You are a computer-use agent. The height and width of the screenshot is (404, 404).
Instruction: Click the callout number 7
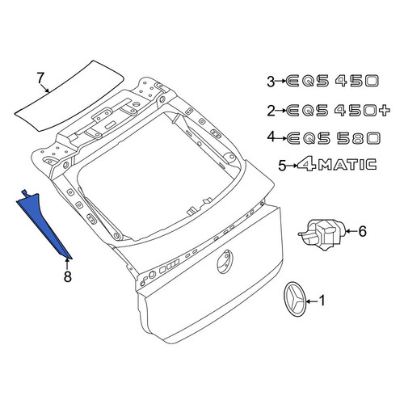coord(40,78)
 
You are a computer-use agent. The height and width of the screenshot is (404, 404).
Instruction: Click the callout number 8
coord(67,276)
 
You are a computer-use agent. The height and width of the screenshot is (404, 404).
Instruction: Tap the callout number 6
coord(363,231)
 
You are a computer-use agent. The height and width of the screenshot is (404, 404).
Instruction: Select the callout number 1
coord(322,301)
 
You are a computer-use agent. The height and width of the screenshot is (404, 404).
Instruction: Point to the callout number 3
coord(271,82)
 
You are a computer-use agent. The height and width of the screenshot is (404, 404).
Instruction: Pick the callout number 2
coord(271,111)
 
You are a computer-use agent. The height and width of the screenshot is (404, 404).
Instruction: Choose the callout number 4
coord(271,137)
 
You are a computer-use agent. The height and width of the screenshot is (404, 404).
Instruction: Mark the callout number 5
coord(282,165)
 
